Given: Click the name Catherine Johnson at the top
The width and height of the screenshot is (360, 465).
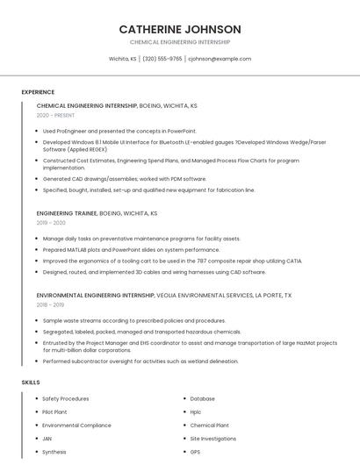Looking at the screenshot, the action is pyautogui.click(x=180, y=29).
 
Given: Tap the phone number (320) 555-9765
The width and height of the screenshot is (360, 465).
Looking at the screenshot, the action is pyautogui.click(x=162, y=59).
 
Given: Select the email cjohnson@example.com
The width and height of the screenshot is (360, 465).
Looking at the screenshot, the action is pyautogui.click(x=220, y=59).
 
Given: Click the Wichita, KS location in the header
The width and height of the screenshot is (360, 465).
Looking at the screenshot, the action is pyautogui.click(x=122, y=59).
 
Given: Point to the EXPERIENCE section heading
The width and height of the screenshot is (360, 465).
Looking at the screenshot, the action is pyautogui.click(x=38, y=92).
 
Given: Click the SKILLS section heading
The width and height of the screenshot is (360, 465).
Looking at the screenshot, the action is pyautogui.click(x=31, y=383).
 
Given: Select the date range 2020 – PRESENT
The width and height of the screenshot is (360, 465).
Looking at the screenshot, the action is pyautogui.click(x=55, y=116).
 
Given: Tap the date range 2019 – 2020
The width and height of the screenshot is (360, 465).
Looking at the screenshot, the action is pyautogui.click(x=52, y=223).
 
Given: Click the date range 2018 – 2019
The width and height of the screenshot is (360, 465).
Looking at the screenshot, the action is pyautogui.click(x=51, y=304).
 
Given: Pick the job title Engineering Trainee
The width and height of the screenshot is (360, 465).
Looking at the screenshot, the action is pyautogui.click(x=67, y=212).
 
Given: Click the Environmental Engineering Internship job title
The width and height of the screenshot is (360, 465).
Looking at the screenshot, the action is pyautogui.click(x=96, y=296).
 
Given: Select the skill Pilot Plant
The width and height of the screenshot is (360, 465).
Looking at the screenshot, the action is pyautogui.click(x=54, y=411).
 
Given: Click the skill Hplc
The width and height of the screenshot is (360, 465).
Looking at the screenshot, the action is pyautogui.click(x=196, y=411).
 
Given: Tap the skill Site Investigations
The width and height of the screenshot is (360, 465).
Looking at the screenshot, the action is pyautogui.click(x=213, y=438).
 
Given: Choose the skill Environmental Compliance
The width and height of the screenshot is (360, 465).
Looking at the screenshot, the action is pyautogui.click(x=76, y=425).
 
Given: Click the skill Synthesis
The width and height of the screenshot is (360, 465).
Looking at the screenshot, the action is pyautogui.click(x=54, y=452).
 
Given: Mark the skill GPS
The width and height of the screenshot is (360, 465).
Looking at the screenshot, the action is pyautogui.click(x=195, y=452).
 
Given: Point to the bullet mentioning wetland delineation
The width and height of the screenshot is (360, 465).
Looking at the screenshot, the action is pyautogui.click(x=140, y=361).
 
